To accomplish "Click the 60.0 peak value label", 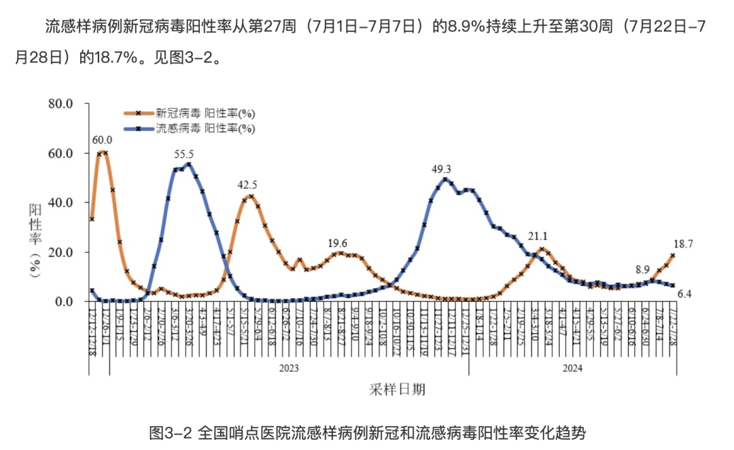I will [102, 141].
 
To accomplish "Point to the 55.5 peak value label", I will [184, 154].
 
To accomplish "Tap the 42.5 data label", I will [247, 184].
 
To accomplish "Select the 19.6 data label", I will [337, 243].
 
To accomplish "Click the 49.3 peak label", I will [441, 169].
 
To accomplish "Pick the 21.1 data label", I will [538, 237].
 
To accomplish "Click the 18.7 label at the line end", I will [683, 243].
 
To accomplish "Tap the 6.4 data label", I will [684, 294].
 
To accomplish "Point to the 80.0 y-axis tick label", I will [60, 104].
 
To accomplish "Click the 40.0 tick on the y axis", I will [60, 203].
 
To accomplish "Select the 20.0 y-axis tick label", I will [60, 252].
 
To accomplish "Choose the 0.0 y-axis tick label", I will [64, 302].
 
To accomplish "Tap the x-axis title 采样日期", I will [398, 390].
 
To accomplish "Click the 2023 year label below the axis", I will [289, 368].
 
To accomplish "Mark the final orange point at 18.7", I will [673, 256].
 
